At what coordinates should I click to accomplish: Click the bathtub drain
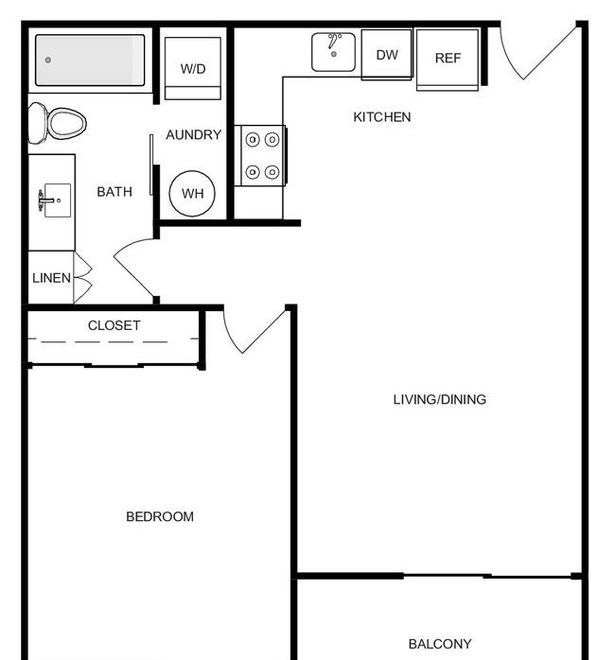pos(48,60)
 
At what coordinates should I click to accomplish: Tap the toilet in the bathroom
pos(57,123)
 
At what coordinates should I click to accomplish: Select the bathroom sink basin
pos(58,200)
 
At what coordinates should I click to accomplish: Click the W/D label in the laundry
pos(193,69)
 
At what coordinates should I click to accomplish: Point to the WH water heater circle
pos(192,194)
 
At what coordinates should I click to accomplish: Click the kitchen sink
pos(333,52)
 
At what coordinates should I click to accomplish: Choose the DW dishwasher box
pos(386,54)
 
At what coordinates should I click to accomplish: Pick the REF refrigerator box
pos(448,60)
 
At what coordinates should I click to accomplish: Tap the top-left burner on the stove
pos(253,140)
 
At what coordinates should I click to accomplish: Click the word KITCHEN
pos(382,117)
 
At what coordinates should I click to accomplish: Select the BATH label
pos(114,192)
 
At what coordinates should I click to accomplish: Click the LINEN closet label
pos(51,278)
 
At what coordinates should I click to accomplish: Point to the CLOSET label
pos(114,325)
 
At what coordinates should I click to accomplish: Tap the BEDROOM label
pos(160,516)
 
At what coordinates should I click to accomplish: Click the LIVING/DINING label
pos(440,399)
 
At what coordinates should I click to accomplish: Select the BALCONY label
pos(440,644)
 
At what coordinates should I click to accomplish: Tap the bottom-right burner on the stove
pos(272,172)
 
